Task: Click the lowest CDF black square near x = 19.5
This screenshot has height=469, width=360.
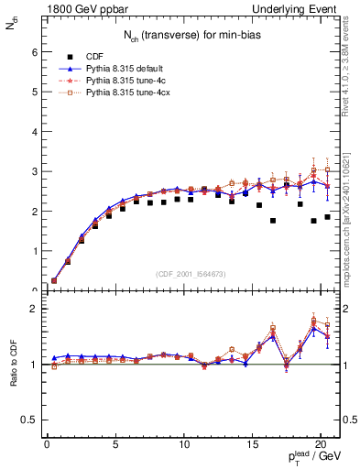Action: coord(313,221)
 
